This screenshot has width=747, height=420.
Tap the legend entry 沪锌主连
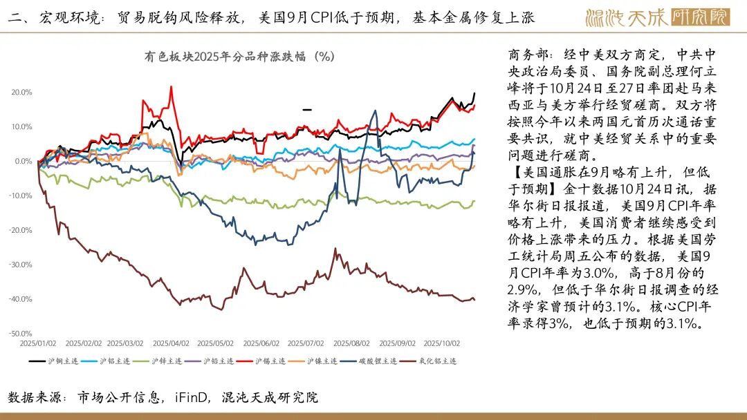[x=166, y=361]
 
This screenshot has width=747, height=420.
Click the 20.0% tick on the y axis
[x=21, y=92]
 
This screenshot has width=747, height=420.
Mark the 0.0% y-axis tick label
[x=22, y=161]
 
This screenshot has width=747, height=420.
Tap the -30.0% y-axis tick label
[x=21, y=265]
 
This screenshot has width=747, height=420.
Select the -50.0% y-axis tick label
[x=21, y=334]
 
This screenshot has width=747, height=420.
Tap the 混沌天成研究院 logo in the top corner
[x=657, y=17]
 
